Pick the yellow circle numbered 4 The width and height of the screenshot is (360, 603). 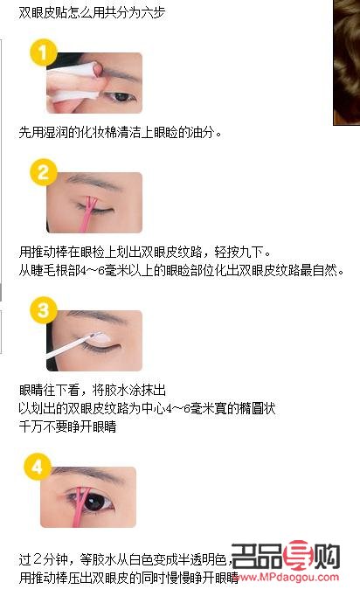point(38,465)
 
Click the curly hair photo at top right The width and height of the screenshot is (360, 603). point(346,61)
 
